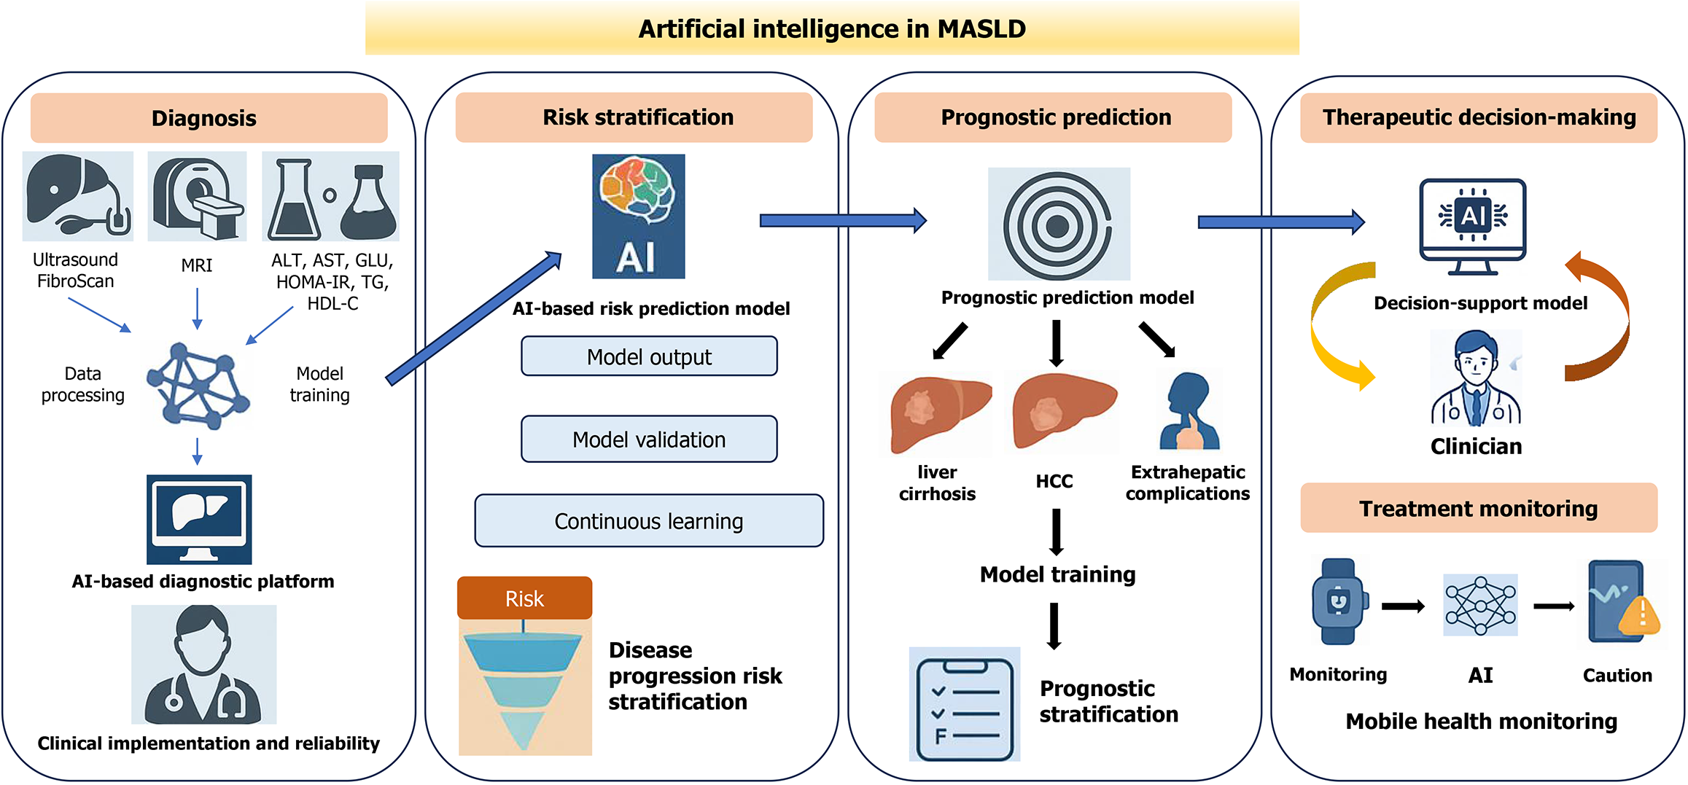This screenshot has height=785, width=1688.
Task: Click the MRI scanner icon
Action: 197,196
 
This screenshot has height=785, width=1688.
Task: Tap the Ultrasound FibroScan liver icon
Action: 77,195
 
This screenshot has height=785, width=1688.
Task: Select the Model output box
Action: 649,356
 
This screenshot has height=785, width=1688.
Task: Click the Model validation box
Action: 649,440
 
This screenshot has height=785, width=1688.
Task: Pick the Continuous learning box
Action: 649,521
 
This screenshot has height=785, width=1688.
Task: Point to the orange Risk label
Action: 524,598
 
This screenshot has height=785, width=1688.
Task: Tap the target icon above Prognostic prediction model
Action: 1058,224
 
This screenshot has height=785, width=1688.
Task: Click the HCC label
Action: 1054,481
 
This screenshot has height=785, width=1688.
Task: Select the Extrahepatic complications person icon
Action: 1189,411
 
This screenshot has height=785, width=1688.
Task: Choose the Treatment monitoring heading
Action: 1478,508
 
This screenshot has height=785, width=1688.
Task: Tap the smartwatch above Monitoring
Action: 1338,602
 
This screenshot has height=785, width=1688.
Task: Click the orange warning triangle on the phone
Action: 1640,615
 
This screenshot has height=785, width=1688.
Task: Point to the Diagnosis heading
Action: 204,118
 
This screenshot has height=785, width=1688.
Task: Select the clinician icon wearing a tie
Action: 1476,379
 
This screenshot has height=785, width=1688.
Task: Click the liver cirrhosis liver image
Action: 938,411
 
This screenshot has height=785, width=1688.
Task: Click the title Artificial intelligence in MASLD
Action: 832,29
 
